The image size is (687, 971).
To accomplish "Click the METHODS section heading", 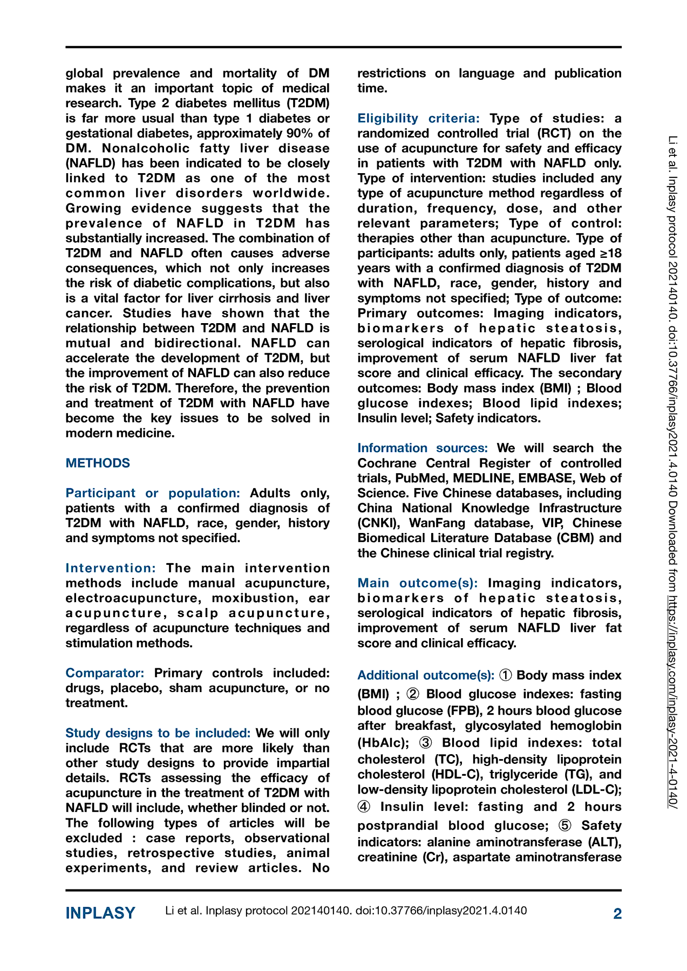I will (98, 463).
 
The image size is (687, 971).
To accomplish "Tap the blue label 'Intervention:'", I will (111, 568).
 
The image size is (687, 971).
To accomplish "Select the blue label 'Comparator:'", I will (105, 673).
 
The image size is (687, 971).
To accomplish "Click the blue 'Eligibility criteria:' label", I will (418, 118).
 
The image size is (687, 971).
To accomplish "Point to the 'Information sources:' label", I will (423, 448).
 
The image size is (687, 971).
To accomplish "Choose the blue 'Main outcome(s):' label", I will (417, 583).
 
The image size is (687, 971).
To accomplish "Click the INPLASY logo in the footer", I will (100, 913).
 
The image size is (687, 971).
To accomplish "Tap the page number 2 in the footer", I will (617, 913).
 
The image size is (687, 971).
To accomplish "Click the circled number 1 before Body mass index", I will (506, 675).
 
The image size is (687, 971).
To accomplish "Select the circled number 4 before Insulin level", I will (364, 807).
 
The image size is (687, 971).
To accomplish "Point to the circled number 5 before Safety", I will (564, 826).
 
